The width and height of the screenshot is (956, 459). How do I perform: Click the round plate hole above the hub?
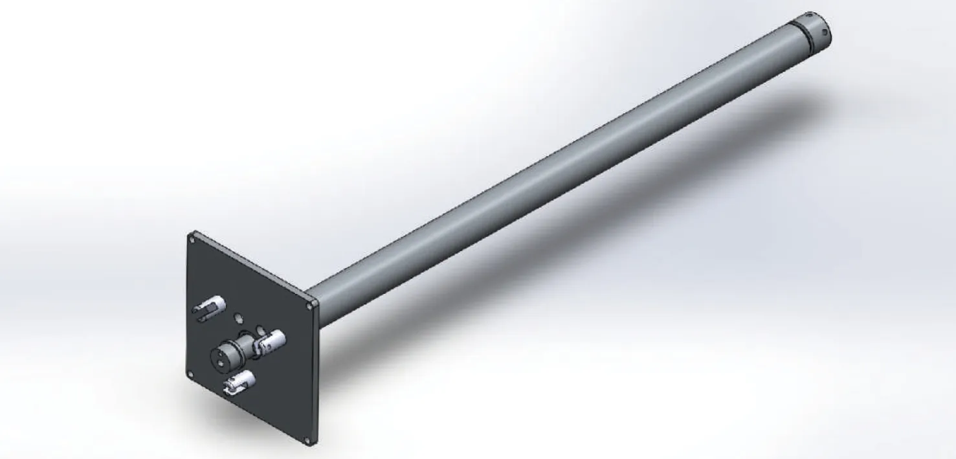[238, 318]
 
